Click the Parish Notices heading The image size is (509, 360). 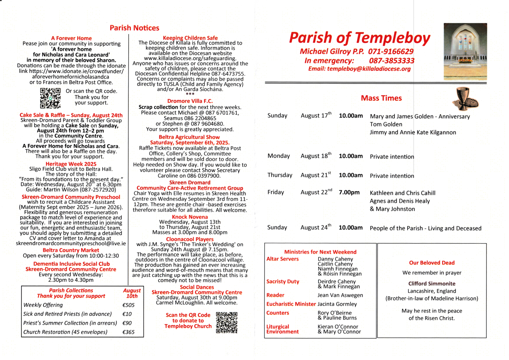pos(134,28)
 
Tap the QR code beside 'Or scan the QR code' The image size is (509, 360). pos(50,98)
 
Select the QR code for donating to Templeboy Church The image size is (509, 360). pos(226,322)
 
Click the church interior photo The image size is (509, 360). pos(465,51)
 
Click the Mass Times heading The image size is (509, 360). pos(381,98)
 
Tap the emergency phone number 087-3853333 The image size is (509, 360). pos(392,61)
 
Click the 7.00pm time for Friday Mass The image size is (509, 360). pos(349,192)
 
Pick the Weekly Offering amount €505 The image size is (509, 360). pos(129,305)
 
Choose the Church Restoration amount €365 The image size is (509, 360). pos(129,332)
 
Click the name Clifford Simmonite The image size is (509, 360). pos(432,284)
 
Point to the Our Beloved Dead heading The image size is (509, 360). pos(432,263)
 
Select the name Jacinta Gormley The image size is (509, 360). pos(337,304)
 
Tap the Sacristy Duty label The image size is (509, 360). pos(283,282)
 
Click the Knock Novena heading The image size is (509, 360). pos(190,217)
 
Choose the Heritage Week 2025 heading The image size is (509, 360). pos(71,164)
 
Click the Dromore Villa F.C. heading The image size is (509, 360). pos(190,101)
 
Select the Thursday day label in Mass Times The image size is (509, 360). pos(280,175)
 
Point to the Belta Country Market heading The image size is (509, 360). pos(71,250)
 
